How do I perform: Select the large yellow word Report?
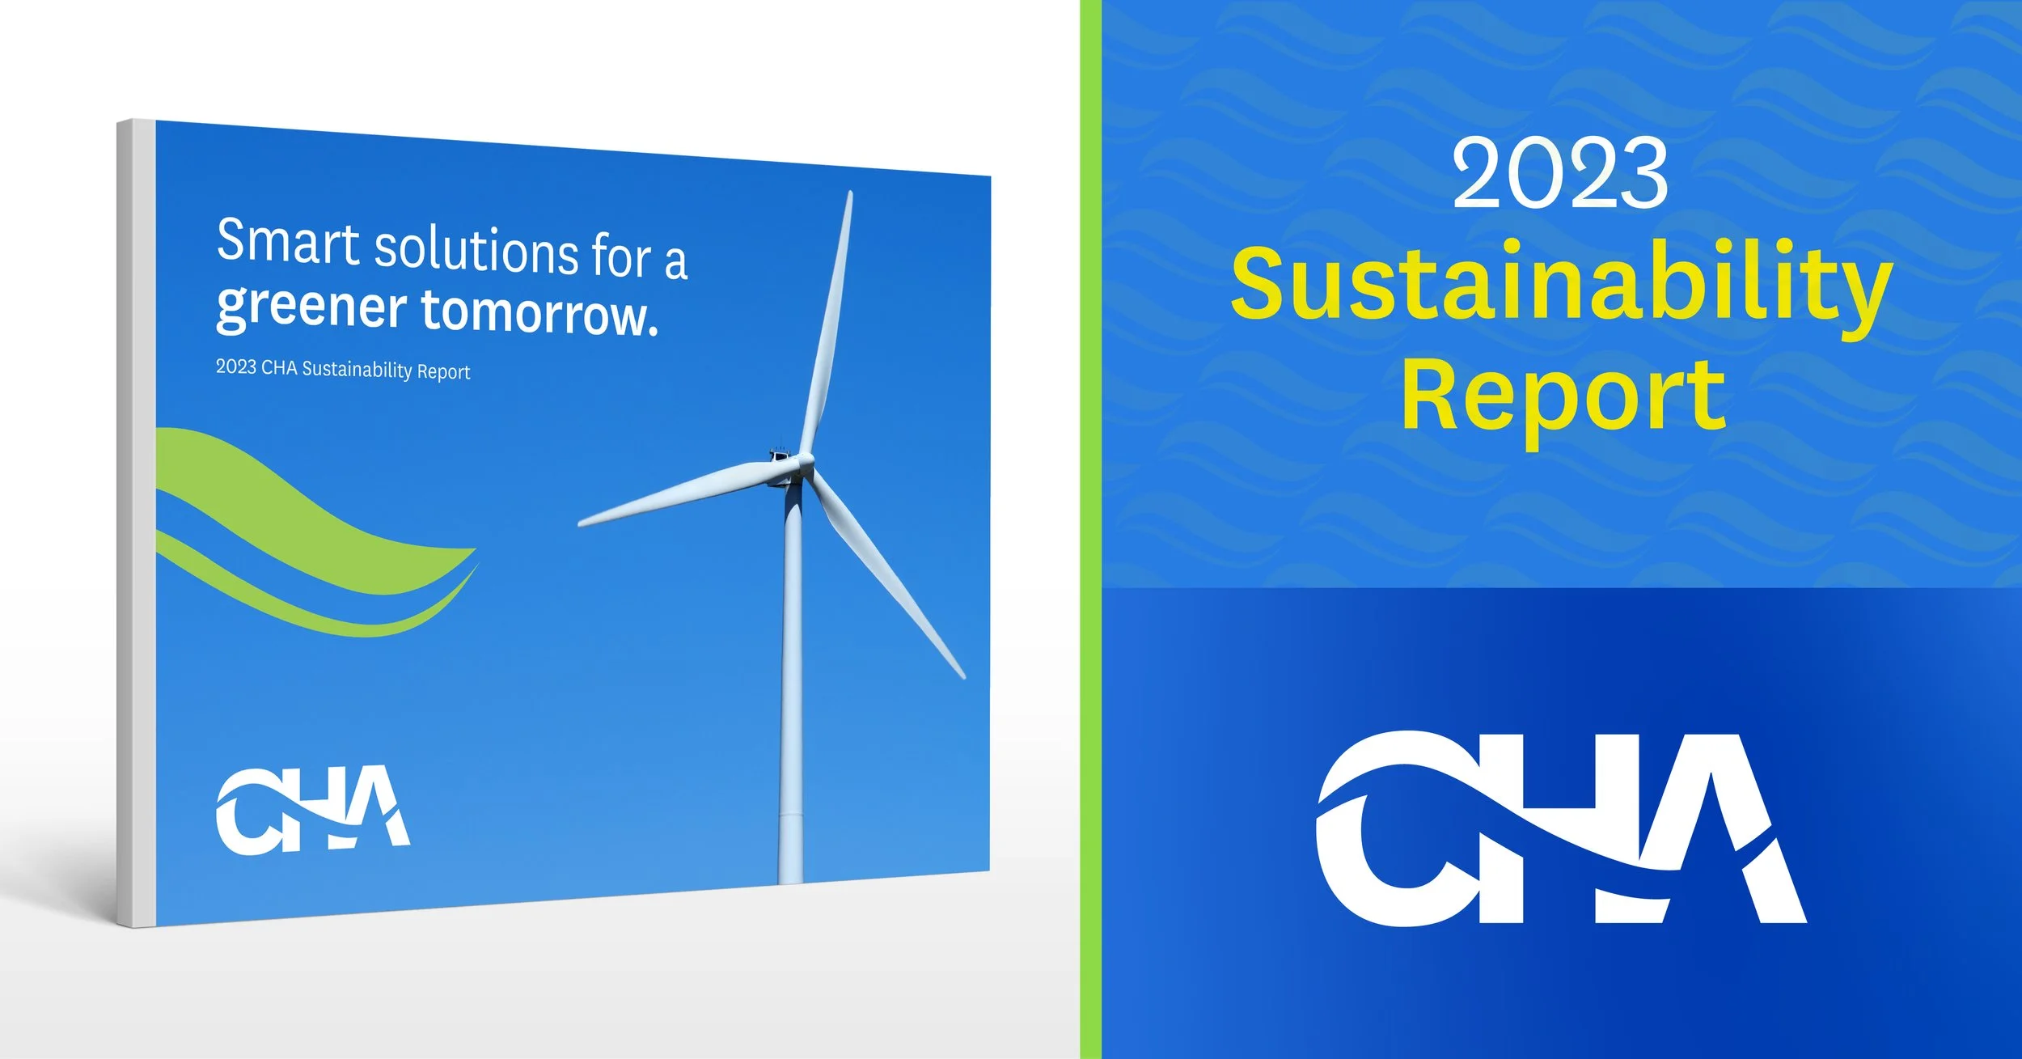[1563, 396]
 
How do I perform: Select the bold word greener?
[311, 307]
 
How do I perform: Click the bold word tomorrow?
[538, 314]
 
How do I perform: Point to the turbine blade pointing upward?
[829, 324]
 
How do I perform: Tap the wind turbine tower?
[792, 688]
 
